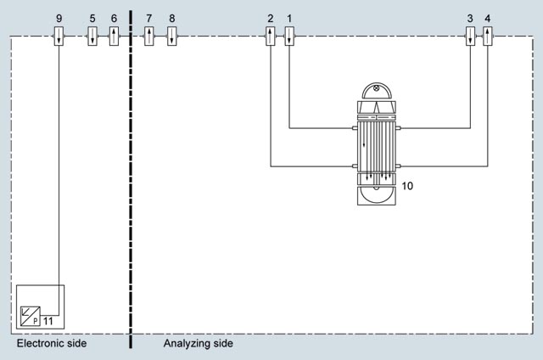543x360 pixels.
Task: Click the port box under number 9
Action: pyautogui.click(x=59, y=36)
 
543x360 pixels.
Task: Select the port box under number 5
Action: pyautogui.click(x=92, y=36)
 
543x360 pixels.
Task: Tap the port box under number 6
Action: pyautogui.click(x=114, y=36)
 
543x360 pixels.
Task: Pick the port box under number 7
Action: pyautogui.click(x=149, y=36)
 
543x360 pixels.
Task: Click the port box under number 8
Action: pyautogui.click(x=171, y=36)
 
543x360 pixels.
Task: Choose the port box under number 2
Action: pyautogui.click(x=271, y=36)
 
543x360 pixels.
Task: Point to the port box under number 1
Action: pyautogui.click(x=289, y=36)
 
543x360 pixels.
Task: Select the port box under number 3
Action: pyautogui.click(x=470, y=36)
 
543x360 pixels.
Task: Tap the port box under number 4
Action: pyautogui.click(x=488, y=36)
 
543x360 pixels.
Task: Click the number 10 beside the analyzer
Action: pyautogui.click(x=407, y=186)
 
